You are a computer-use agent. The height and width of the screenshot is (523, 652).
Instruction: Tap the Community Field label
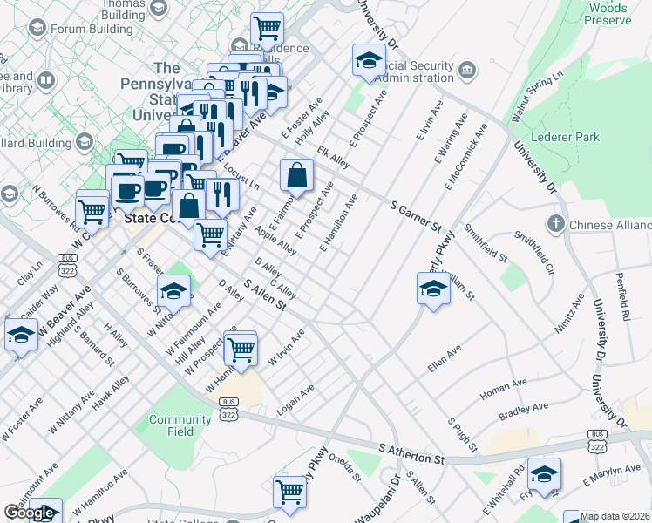click(180, 425)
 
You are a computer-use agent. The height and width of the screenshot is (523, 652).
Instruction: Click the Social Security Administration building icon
click(467, 69)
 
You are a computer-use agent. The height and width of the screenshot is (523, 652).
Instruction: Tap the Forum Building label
click(92, 28)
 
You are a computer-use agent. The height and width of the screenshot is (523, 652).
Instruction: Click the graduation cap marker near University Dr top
click(369, 61)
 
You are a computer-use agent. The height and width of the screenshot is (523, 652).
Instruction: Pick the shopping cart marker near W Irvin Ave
click(241, 350)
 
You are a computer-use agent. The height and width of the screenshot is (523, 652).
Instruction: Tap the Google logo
click(29, 513)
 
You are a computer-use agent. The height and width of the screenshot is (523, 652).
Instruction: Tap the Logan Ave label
click(295, 397)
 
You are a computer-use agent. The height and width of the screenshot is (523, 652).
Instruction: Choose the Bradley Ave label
click(523, 408)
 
